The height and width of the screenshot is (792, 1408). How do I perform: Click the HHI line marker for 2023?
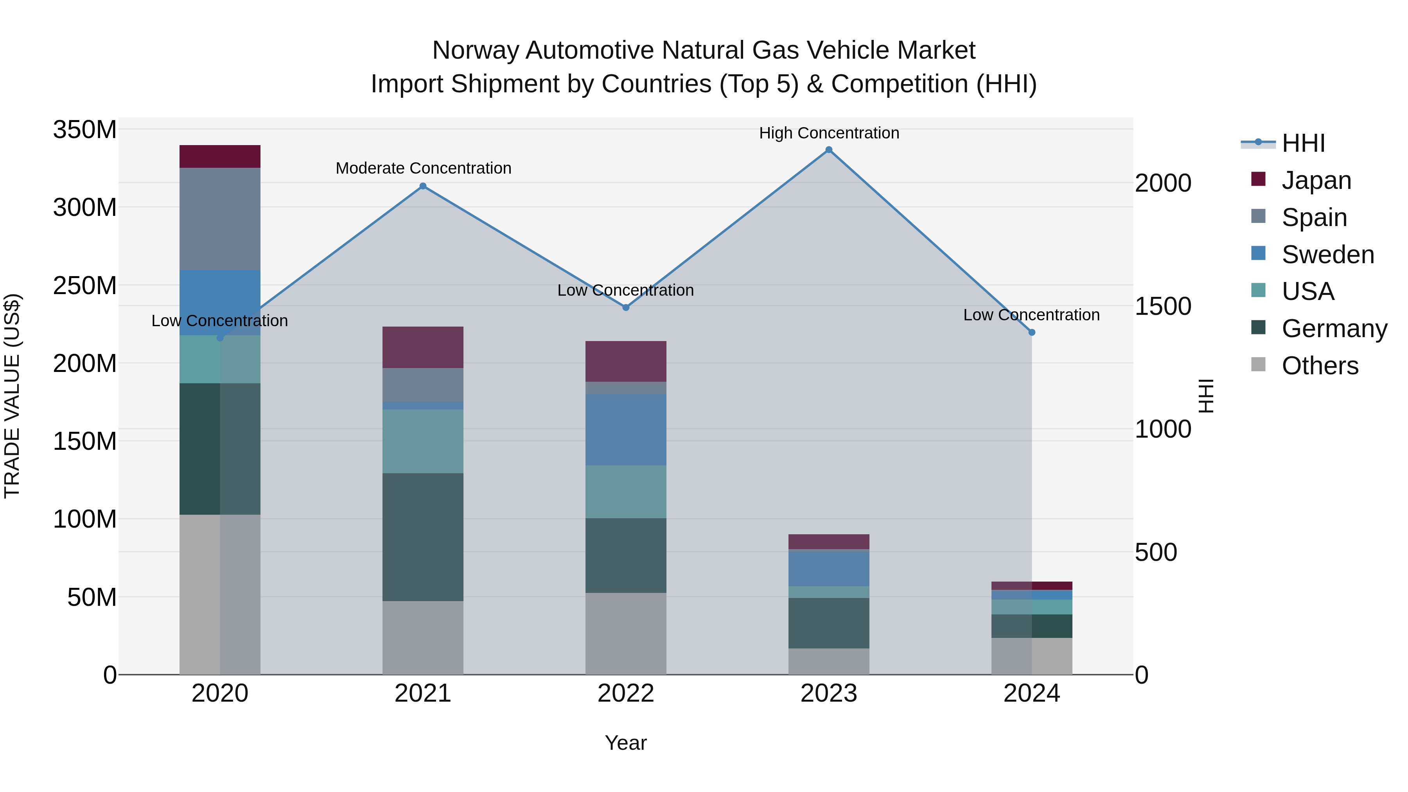click(x=829, y=150)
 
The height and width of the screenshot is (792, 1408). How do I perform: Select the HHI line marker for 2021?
click(x=422, y=186)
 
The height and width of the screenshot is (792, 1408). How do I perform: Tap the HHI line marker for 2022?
click(x=626, y=307)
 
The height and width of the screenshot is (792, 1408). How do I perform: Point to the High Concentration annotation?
click(x=829, y=133)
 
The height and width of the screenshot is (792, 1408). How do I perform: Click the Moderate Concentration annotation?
click(x=423, y=168)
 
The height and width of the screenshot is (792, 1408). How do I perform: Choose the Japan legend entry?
click(x=1316, y=180)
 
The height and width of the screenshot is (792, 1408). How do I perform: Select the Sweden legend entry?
click(x=1327, y=255)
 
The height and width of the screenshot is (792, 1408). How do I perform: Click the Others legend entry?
click(x=1320, y=366)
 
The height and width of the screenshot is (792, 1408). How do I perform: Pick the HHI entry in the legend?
click(x=1303, y=143)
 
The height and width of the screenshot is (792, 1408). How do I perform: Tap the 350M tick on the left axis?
click(x=85, y=130)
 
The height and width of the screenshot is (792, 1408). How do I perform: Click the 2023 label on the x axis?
click(x=829, y=693)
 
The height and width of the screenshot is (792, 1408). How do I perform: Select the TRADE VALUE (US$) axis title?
click(x=12, y=396)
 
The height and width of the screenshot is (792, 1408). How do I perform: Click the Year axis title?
click(x=626, y=743)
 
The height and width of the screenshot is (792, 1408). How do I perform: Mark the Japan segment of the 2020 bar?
click(x=220, y=156)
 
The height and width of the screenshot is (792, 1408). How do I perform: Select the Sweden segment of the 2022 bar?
click(x=626, y=430)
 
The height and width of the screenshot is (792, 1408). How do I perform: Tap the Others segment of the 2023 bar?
click(x=829, y=661)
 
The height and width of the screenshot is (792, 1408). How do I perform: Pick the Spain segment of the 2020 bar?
click(x=220, y=219)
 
